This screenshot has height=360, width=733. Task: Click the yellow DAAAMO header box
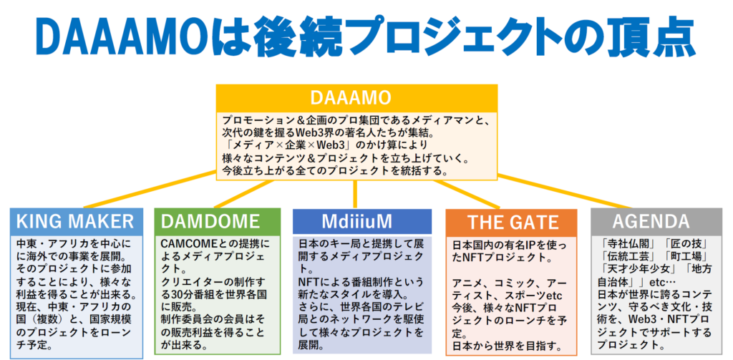coord(356,99)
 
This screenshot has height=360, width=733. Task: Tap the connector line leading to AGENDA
coord(564,191)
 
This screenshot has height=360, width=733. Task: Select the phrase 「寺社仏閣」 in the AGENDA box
coord(624,243)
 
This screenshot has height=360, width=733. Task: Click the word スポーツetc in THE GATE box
coord(535,296)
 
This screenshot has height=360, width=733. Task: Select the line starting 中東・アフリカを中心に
coord(74,243)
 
